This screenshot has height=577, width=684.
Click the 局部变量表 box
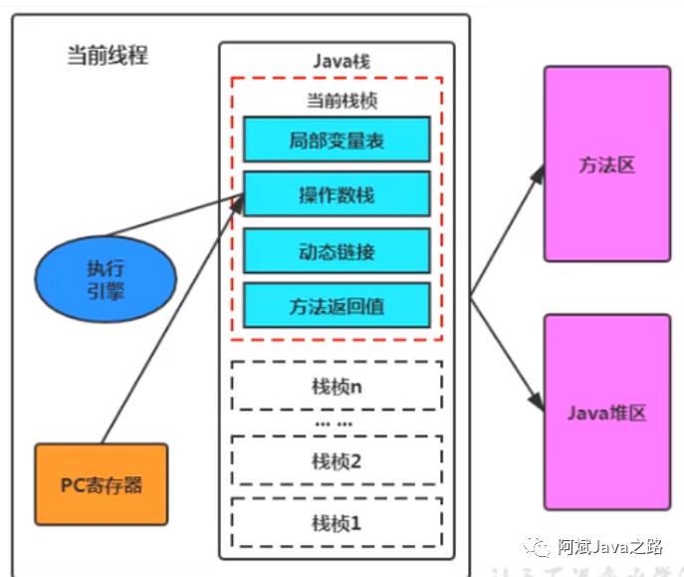337,140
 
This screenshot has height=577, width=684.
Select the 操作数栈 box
337,194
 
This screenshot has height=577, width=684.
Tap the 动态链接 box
337,251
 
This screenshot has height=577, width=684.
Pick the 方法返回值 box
337,307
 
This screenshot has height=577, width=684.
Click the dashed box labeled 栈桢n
337,387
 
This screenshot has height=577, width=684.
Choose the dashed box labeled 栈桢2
337,461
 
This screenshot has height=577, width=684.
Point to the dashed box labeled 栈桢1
337,522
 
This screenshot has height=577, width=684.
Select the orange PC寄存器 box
102,485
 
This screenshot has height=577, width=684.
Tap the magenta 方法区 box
606,165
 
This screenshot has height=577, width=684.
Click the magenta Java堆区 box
606,412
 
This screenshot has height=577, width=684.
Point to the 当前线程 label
108,55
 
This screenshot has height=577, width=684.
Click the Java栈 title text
337,61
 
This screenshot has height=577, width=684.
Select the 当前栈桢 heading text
337,101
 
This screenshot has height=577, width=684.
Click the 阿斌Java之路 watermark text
608,546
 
